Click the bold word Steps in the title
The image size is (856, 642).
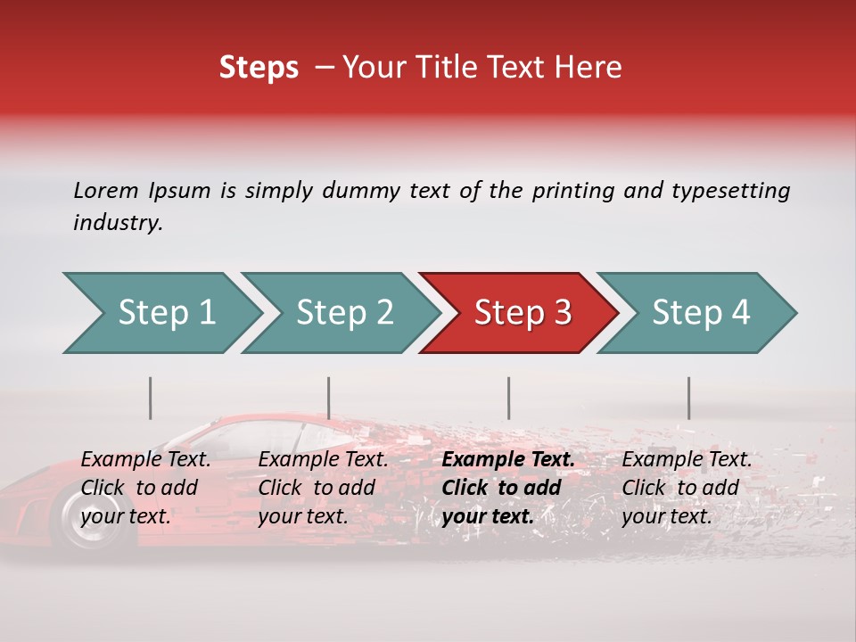point(259,68)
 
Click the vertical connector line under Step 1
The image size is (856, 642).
point(151,398)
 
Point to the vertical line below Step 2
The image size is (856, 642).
point(329,398)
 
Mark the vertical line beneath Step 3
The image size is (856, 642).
point(508,398)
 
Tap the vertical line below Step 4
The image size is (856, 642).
point(688,398)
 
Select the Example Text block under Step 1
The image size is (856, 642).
point(145,488)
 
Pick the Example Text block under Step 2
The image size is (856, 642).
point(323,488)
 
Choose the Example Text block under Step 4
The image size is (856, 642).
point(687,488)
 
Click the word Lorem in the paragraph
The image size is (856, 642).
point(105,191)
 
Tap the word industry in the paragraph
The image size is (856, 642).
point(118,223)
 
